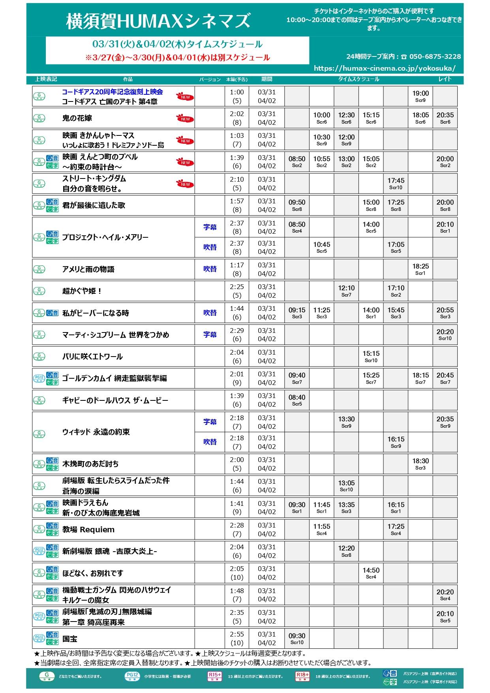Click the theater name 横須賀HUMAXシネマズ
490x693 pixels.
pos(158,21)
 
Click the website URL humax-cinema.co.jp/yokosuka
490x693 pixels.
pos(385,68)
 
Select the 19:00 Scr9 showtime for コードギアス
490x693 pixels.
pos(421,96)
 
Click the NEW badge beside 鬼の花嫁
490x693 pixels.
pos(185,118)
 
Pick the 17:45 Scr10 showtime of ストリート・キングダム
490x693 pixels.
pos(396,183)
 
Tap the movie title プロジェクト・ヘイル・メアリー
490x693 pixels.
pos(105,237)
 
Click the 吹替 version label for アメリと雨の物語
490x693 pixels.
pos(210,269)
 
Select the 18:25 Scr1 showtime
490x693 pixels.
pos(421,269)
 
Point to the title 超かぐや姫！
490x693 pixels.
pos(82,291)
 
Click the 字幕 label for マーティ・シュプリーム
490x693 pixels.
pos(210,334)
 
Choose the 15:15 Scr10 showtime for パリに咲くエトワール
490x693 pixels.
pos(371,356)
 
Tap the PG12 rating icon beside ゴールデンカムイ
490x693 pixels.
pos(39,378)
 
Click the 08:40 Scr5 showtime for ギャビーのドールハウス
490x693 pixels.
pos(297,400)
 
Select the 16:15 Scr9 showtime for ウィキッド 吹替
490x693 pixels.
pos(396,442)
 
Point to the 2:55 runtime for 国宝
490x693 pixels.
pos(237,634)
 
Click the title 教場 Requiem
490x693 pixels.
pos(88,530)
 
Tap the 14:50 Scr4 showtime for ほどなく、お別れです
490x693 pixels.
pos(371,573)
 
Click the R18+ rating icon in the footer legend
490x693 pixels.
pos(302,676)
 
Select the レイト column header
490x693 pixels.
pos(445,79)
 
